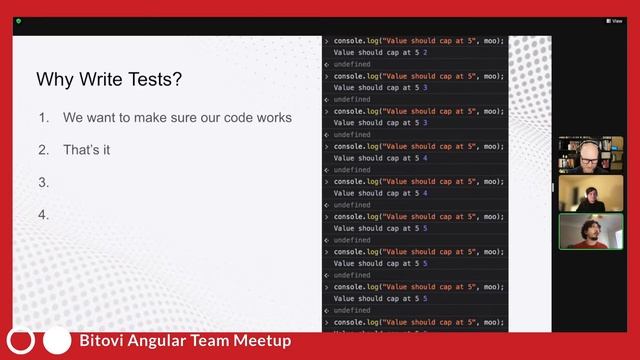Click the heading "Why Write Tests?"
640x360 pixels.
pos(109,79)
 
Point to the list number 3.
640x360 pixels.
pos(44,182)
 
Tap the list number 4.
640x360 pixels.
pos(44,214)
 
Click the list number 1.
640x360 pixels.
pos(44,118)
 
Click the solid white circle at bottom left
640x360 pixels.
pos(57,341)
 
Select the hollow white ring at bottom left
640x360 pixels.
pos(22,341)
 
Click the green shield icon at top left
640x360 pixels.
pos(18,20)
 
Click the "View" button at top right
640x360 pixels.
pos(614,20)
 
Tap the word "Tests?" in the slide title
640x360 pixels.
pos(155,79)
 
